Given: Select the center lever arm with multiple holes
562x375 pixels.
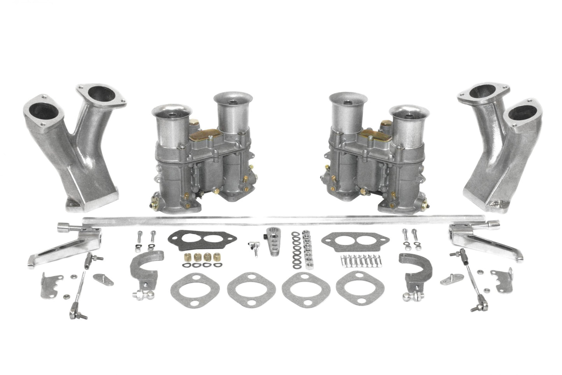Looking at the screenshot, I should (x=273, y=244).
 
